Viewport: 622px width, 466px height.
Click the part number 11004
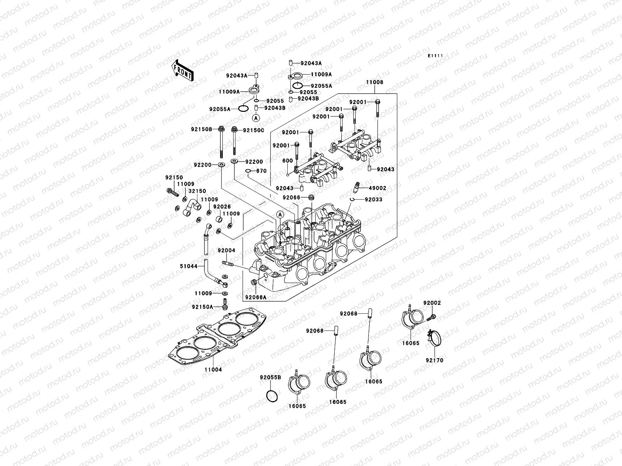(213, 370)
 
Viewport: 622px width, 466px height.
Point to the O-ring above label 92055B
(272, 396)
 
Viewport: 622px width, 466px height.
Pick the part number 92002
(432, 303)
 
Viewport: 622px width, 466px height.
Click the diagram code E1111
(436, 56)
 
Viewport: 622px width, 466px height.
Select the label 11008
(374, 82)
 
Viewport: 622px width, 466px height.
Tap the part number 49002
(377, 188)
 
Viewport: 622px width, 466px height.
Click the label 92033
(373, 200)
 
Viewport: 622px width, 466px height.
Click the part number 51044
(189, 266)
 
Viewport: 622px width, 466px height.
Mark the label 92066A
(256, 297)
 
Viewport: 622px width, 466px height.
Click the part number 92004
(226, 250)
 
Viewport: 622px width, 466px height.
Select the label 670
(261, 171)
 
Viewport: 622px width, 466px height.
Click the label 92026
(222, 207)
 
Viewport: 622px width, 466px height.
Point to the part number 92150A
(202, 307)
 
